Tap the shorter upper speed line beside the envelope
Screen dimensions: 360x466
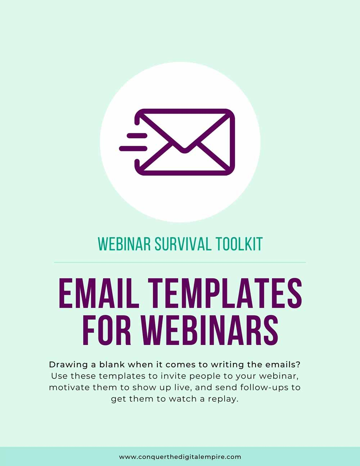[x=137, y=135]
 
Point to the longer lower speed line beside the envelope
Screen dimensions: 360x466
[x=133, y=148]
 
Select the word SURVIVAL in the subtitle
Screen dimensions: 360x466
[x=183, y=244]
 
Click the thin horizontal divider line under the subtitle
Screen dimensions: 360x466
[x=180, y=262]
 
